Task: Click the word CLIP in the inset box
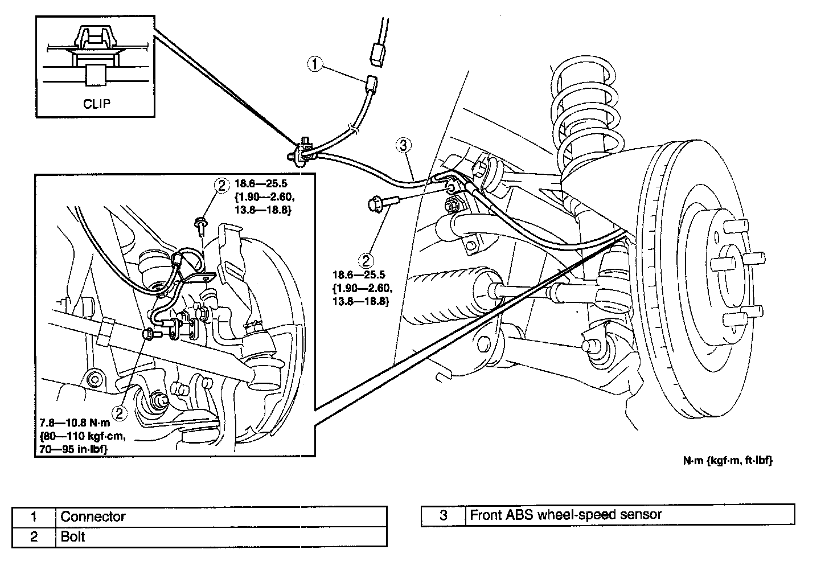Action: pyautogui.click(x=97, y=104)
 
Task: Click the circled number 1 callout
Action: pyautogui.click(x=315, y=64)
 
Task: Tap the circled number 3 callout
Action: pyautogui.click(x=403, y=145)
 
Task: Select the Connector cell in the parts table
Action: pyautogui.click(x=221, y=516)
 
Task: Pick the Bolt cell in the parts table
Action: pyautogui.click(x=221, y=536)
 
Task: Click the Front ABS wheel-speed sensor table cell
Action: pyautogui.click(x=630, y=515)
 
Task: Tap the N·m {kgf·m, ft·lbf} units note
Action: pyautogui.click(x=728, y=460)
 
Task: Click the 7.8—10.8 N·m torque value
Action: pyautogui.click(x=75, y=423)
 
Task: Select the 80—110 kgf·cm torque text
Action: pyautogui.click(x=83, y=436)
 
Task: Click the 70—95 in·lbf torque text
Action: pyautogui.click(x=73, y=449)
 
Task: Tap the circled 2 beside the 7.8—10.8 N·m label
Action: pyautogui.click(x=120, y=413)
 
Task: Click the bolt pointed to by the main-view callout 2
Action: pyautogui.click(x=383, y=203)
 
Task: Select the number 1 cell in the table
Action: pyautogui.click(x=34, y=516)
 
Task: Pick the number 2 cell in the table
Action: pyautogui.click(x=34, y=536)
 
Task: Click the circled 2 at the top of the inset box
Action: pyautogui.click(x=221, y=185)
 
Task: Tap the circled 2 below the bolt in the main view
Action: pyautogui.click(x=366, y=261)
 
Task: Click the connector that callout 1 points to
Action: pyautogui.click(x=371, y=84)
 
